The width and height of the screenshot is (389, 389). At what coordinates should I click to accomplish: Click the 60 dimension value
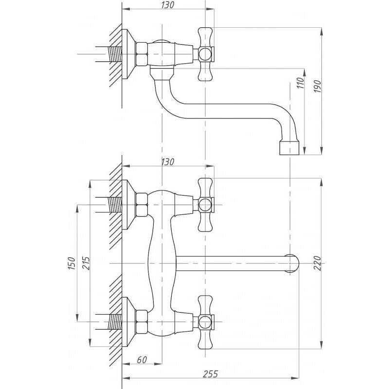click(141, 360)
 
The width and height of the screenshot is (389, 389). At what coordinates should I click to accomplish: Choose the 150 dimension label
click(71, 263)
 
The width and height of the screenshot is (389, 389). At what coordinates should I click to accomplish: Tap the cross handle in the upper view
click(205, 53)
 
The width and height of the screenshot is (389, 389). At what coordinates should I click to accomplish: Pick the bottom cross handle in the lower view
click(205, 321)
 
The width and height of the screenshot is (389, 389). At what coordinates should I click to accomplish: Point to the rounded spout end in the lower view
click(293, 263)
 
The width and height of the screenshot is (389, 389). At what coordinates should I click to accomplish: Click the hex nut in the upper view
click(143, 53)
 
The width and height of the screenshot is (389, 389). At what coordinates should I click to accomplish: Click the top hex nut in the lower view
click(143, 205)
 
